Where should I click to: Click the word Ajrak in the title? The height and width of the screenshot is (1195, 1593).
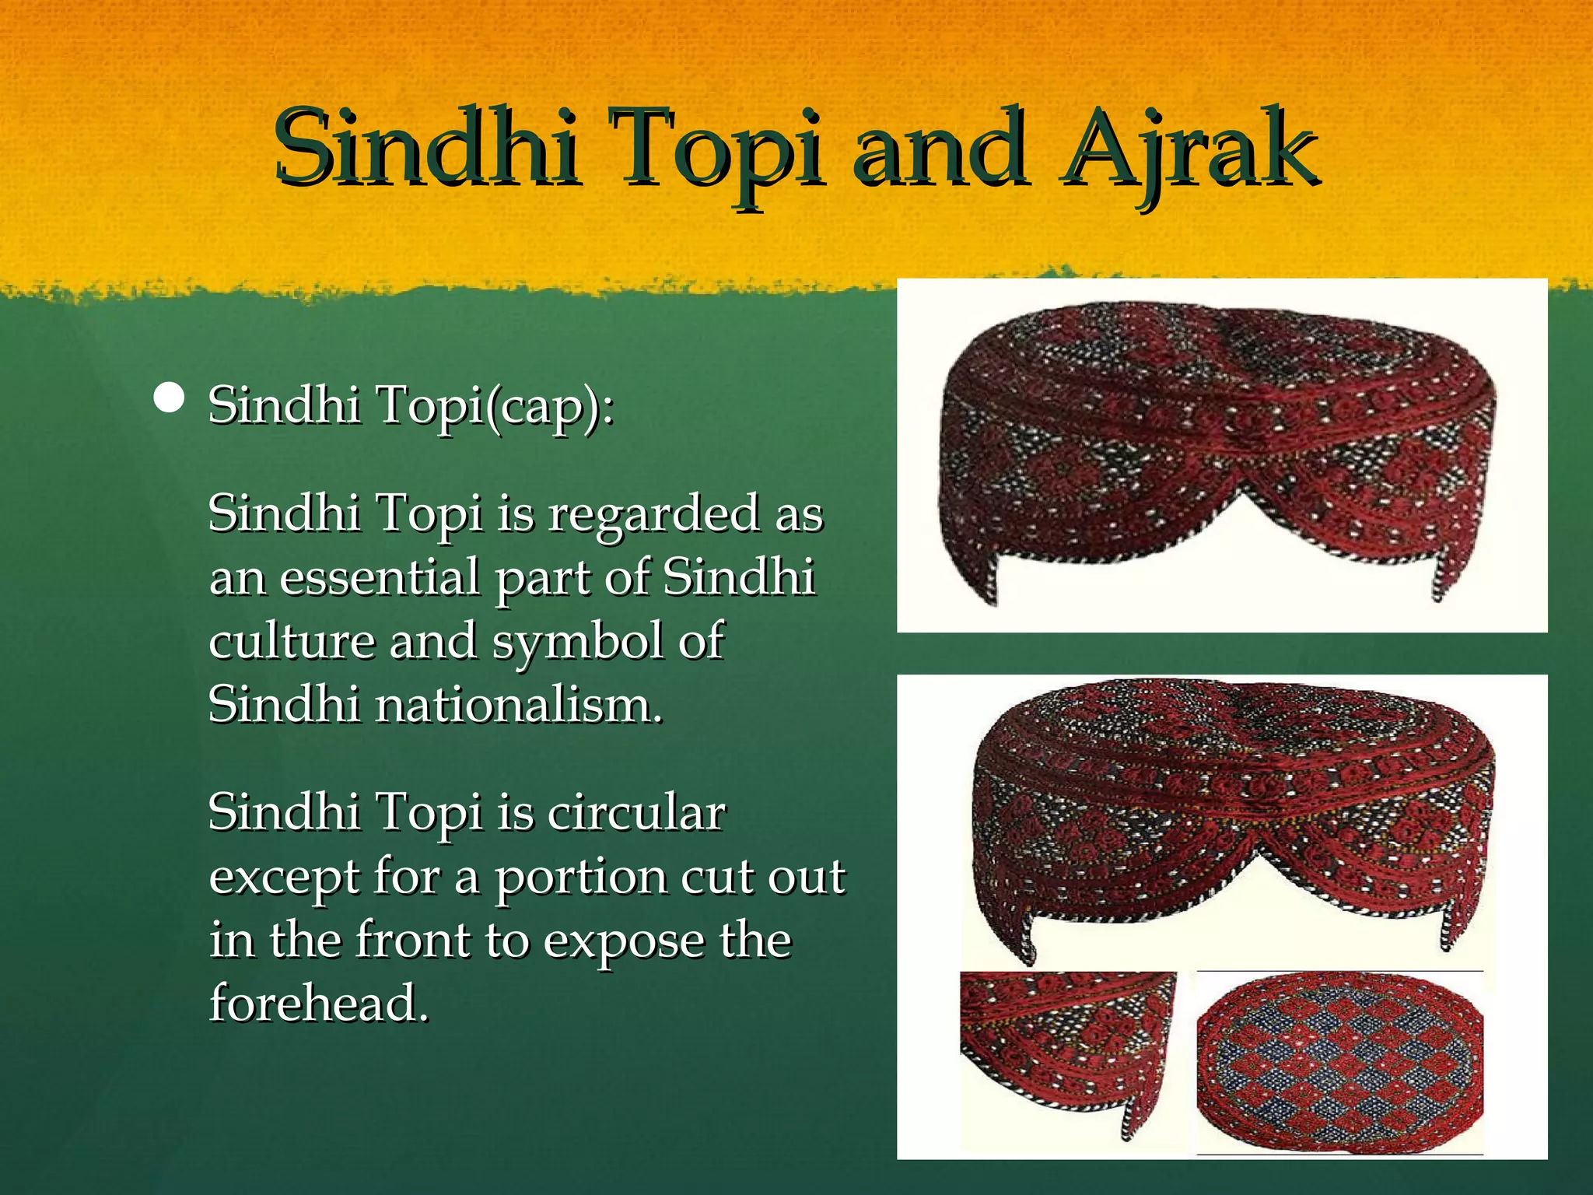pos(1190,149)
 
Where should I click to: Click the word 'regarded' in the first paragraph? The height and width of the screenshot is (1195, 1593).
pos(653,515)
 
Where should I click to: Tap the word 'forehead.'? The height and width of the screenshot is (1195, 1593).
pos(319,1004)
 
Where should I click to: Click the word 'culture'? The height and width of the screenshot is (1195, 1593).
pos(292,643)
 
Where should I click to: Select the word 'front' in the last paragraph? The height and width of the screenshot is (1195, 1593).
pos(412,941)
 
